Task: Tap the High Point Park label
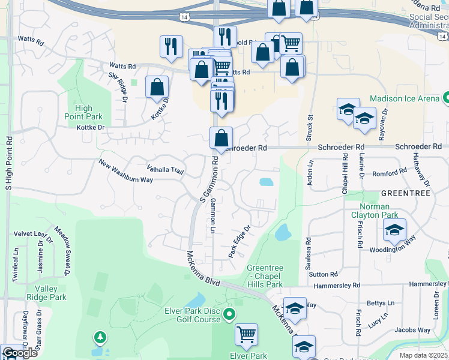pos(85,112)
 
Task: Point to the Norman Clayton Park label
pos(375,211)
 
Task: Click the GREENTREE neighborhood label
pos(405,194)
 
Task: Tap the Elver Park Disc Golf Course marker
pos(229,314)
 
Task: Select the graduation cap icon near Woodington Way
pos(394,230)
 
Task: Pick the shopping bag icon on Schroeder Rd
pos(221,139)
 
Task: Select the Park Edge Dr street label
pos(238,242)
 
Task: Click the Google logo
pos(20,353)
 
